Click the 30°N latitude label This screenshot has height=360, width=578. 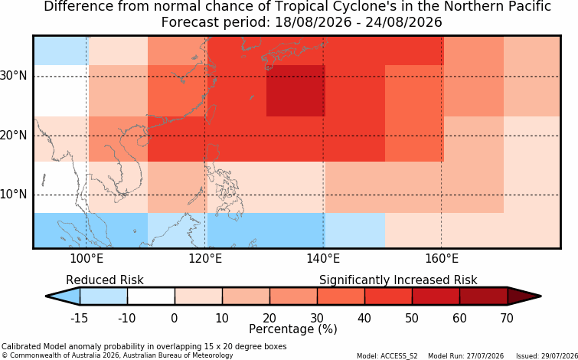(13, 76)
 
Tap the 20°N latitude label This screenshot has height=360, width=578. (13, 136)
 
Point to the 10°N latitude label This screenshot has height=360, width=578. (13, 195)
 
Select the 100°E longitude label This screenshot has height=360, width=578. (87, 259)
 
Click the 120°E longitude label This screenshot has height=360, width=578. (205, 259)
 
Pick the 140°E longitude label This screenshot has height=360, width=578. (323, 259)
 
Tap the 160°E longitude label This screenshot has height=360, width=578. (442, 259)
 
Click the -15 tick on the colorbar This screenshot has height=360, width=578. (80, 318)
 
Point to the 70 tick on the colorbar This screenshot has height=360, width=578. (508, 318)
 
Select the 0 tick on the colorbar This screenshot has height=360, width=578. (175, 318)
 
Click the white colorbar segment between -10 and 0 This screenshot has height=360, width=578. (151, 296)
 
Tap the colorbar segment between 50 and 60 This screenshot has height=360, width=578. (436, 296)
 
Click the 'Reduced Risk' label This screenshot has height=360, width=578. (105, 280)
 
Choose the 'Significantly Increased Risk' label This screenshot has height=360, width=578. (398, 280)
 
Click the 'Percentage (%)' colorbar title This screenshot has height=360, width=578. (293, 329)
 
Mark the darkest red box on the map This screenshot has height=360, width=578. (296, 90)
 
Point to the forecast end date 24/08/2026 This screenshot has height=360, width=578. (403, 22)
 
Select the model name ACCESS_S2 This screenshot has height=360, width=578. (402, 356)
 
